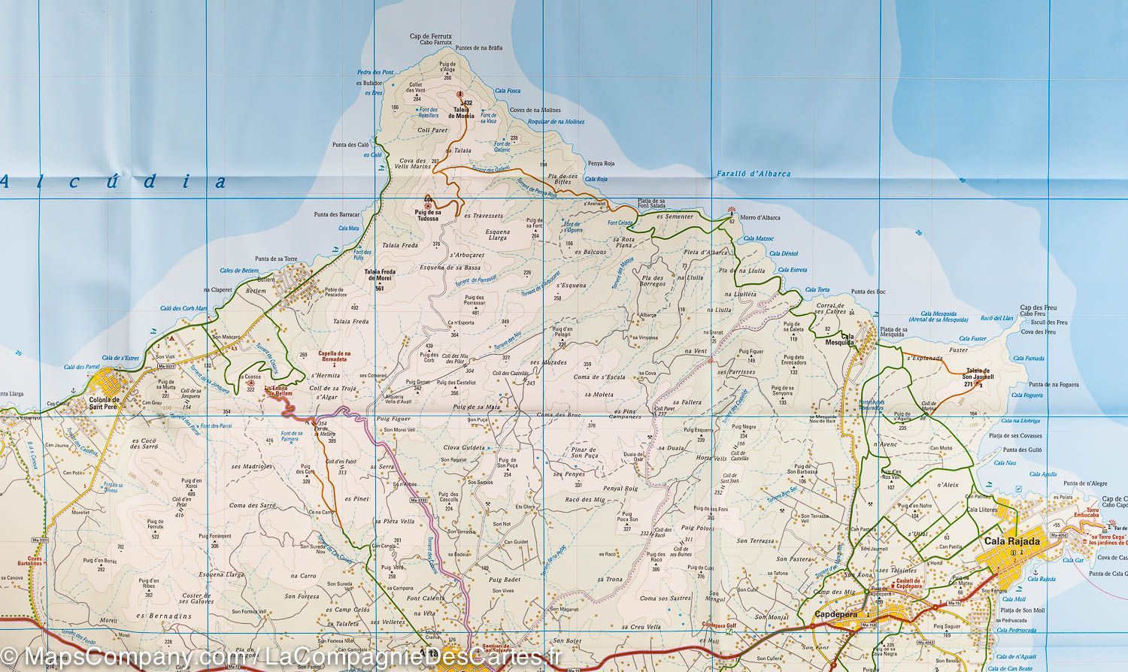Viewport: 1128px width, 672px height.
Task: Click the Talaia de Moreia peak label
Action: coord(462,114)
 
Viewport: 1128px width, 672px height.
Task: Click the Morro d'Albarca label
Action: coord(760,218)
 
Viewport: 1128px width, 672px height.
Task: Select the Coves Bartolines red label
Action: coord(32,563)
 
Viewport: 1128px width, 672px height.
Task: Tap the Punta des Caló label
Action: coord(350,144)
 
